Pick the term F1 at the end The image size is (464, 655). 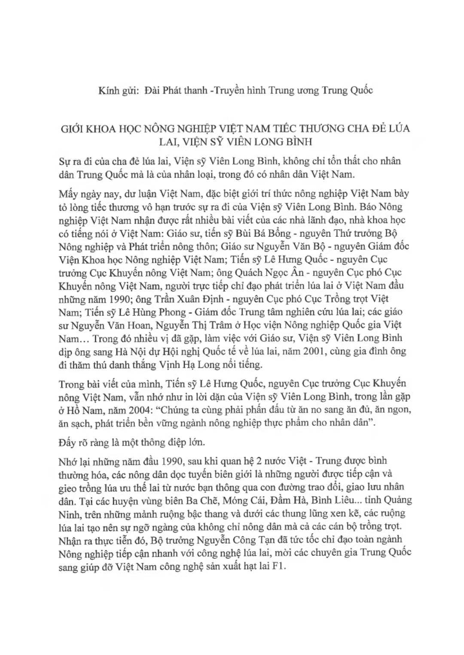(278, 566)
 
